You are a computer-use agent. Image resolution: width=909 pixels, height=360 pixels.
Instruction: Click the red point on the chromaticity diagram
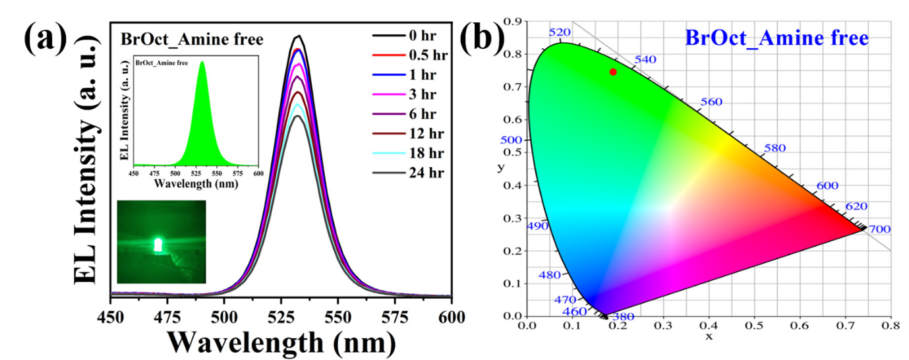click(613, 72)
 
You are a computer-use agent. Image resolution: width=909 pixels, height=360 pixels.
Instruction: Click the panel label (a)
click(45, 40)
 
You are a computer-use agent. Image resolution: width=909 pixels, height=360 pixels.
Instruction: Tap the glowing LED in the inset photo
click(158, 245)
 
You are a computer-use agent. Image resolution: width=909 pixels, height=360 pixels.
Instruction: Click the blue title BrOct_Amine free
click(777, 38)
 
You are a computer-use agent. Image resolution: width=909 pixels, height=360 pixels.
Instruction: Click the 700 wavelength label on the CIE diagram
click(879, 229)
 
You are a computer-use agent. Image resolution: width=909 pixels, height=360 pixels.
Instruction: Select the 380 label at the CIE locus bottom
click(623, 316)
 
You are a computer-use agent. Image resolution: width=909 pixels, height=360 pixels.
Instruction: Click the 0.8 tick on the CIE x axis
click(891, 325)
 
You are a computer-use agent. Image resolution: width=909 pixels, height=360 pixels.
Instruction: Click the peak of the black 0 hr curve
click(299, 36)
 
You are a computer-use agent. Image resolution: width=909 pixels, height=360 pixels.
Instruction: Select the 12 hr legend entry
click(419, 133)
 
